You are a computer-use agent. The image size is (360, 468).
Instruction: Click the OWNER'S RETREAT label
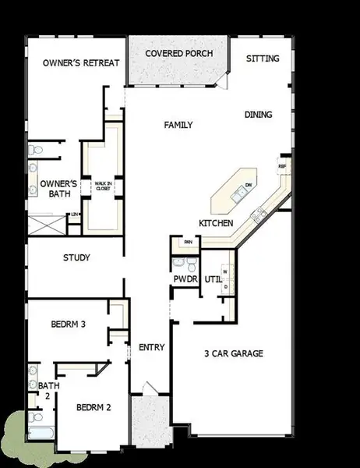pyautogui.click(x=75, y=62)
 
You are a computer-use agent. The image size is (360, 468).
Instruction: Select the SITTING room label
pyautogui.click(x=263, y=58)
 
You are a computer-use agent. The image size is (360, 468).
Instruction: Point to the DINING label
pyautogui.click(x=258, y=115)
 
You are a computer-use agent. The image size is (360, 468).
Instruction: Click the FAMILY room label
pyautogui.click(x=178, y=125)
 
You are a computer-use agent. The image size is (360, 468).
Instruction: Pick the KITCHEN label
pyautogui.click(x=216, y=223)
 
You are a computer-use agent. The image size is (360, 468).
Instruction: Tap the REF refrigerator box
pyautogui.click(x=282, y=166)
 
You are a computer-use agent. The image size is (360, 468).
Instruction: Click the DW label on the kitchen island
pyautogui.click(x=248, y=185)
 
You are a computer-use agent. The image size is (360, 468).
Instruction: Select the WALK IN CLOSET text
pyautogui.click(x=103, y=186)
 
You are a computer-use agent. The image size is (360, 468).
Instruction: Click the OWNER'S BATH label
pyautogui.click(x=56, y=190)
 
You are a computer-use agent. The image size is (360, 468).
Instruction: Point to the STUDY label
pyautogui.click(x=76, y=257)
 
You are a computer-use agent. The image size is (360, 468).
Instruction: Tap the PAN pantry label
pyautogui.click(x=189, y=243)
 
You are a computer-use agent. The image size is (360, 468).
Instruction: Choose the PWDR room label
pyautogui.click(x=185, y=278)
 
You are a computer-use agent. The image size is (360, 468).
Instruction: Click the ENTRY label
pyautogui.click(x=150, y=347)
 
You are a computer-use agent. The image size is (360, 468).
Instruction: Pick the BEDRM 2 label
pyautogui.click(x=94, y=407)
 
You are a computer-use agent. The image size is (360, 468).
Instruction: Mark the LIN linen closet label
pyautogui.click(x=74, y=214)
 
